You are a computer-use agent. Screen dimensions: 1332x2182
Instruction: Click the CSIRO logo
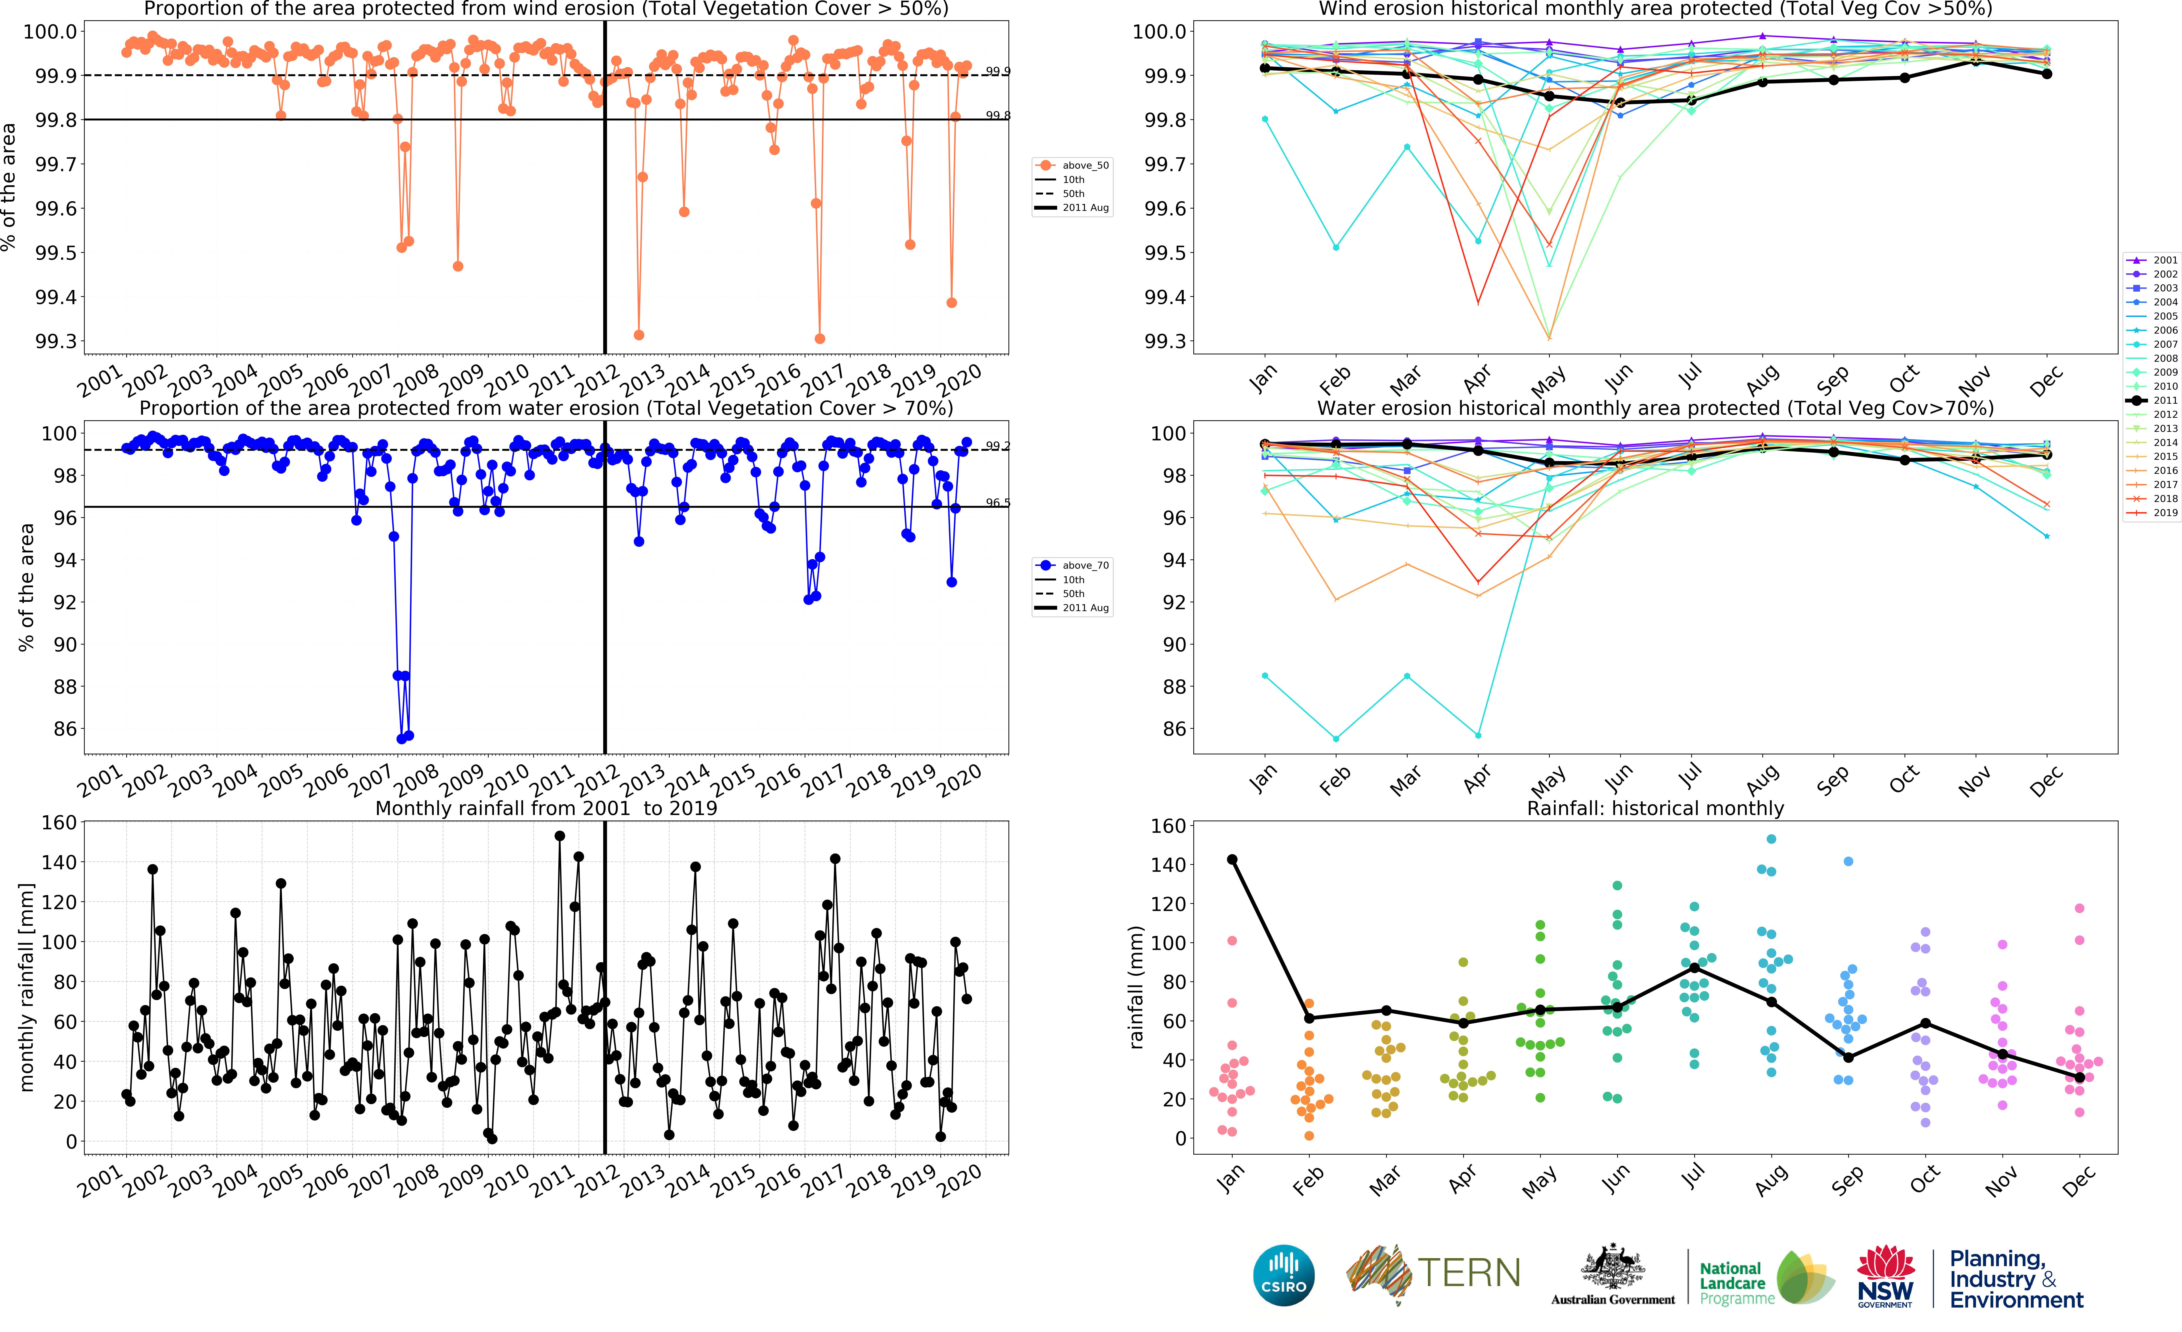coord(1283,1275)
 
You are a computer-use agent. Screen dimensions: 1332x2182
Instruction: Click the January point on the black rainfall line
coord(1232,859)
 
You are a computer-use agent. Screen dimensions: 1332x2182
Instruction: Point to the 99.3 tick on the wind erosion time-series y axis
coord(55,342)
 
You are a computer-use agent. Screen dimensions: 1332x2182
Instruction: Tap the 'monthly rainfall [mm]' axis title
coord(27,987)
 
